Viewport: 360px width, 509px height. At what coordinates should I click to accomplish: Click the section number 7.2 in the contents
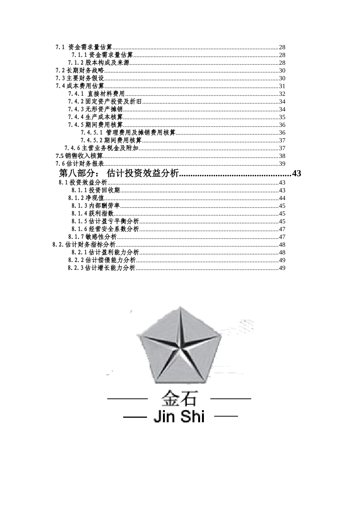pyautogui.click(x=60, y=70)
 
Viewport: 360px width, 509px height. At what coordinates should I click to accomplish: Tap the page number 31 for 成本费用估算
pyautogui.click(x=282, y=86)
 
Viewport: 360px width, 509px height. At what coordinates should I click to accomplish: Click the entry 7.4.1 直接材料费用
pyautogui.click(x=96, y=94)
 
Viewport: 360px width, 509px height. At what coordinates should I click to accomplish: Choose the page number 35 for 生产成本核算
pyautogui.click(x=282, y=117)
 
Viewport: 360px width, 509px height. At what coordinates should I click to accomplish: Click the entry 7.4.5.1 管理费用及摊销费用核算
pyautogui.click(x=128, y=133)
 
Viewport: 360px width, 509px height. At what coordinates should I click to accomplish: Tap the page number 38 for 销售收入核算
pyautogui.click(x=282, y=156)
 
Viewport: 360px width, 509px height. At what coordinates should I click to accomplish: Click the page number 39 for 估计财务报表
pyautogui.click(x=282, y=164)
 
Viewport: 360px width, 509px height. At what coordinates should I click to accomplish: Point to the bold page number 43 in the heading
pyautogui.click(x=296, y=173)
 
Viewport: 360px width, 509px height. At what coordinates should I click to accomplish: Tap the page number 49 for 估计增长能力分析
pyautogui.click(x=282, y=268)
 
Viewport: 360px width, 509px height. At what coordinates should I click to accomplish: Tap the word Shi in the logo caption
pyautogui.click(x=193, y=417)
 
